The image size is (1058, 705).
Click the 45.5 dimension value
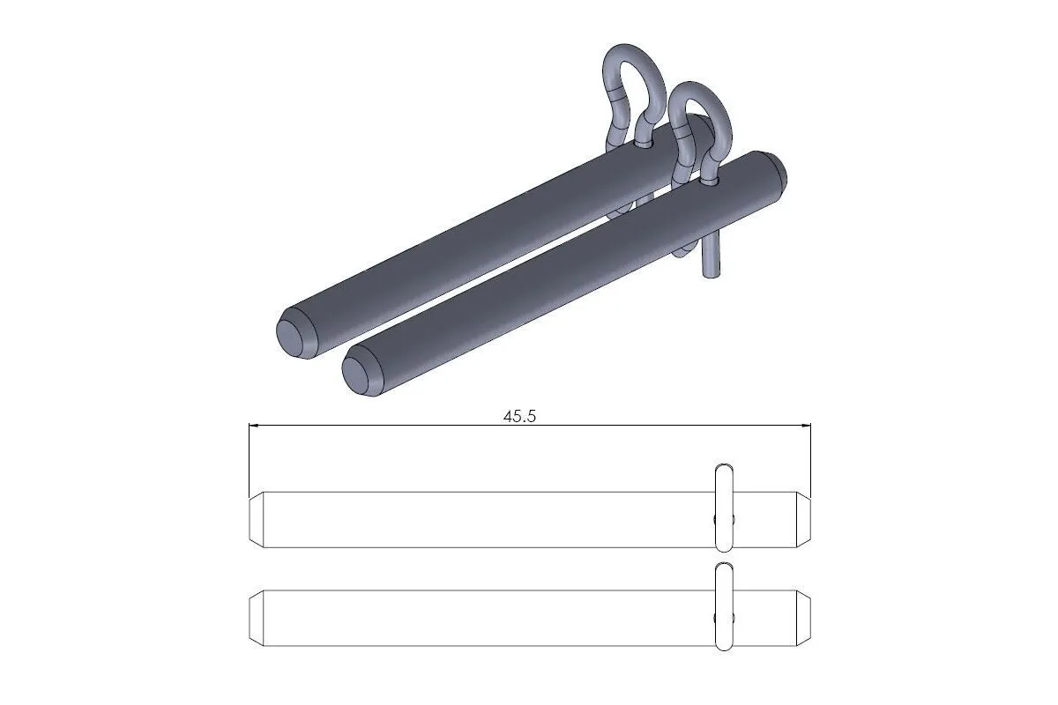(x=519, y=417)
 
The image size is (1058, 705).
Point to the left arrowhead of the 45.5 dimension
(x=255, y=427)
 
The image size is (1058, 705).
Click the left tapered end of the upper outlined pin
(x=256, y=519)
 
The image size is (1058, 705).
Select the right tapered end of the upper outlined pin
(x=803, y=519)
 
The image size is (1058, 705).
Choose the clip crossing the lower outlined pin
(x=723, y=607)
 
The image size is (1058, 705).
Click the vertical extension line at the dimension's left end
(x=250, y=458)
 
